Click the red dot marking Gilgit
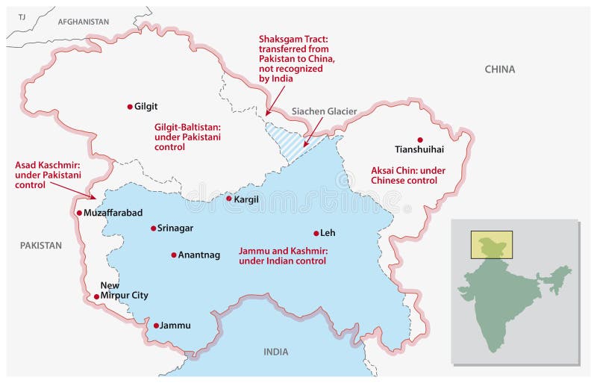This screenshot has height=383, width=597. [130, 107]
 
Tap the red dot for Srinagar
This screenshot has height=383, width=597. [153, 228]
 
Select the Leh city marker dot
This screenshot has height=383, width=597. [316, 233]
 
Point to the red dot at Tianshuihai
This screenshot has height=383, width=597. [420, 140]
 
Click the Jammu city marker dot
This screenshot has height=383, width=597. [156, 326]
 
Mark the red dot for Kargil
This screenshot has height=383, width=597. [229, 199]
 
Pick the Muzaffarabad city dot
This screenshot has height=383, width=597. [79, 213]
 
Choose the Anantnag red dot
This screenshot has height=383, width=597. [174, 255]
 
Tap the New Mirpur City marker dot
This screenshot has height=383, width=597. [96, 296]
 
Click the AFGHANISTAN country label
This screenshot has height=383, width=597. [83, 22]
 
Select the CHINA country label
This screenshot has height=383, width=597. [499, 69]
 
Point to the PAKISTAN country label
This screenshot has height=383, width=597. [41, 245]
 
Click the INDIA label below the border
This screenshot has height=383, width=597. [275, 352]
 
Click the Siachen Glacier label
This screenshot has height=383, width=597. [323, 111]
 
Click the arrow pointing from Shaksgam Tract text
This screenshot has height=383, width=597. [275, 99]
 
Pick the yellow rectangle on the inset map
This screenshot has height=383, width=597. [490, 242]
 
